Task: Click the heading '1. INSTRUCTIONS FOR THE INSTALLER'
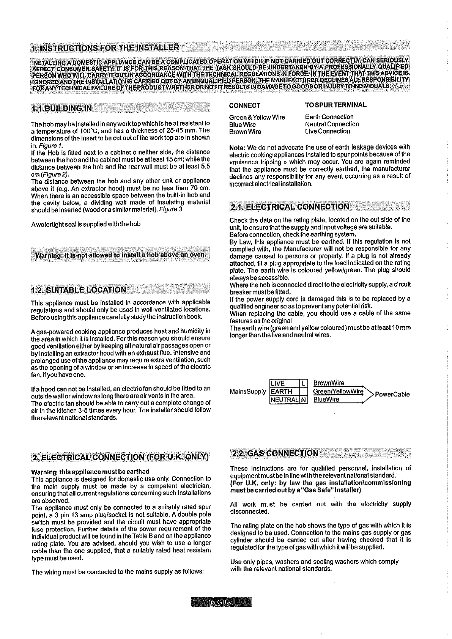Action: [x=105, y=47]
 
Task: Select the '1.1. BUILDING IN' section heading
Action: [x=62, y=109]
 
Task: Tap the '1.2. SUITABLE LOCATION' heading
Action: [x=79, y=290]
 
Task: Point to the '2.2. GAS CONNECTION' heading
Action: [x=276, y=453]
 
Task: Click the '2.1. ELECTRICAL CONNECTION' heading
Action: [x=290, y=207]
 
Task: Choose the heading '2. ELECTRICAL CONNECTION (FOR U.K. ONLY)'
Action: [x=121, y=456]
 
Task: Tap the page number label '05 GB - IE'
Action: [x=222, y=603]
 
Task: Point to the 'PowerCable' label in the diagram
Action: [x=392, y=394]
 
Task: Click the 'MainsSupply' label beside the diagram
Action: [x=247, y=392]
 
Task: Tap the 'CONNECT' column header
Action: [x=245, y=105]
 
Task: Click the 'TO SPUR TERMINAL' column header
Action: [x=335, y=105]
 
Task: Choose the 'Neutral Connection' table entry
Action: [x=332, y=124]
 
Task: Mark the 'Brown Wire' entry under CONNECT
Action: [x=245, y=132]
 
